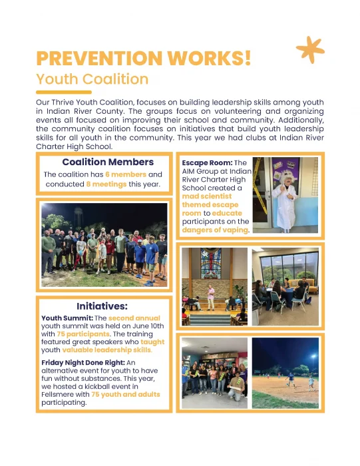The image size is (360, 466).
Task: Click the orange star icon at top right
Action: point(309,50)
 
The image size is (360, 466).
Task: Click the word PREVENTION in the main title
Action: point(106,59)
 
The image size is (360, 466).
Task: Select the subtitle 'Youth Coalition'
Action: point(92,79)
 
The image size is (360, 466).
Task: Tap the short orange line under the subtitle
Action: point(63,92)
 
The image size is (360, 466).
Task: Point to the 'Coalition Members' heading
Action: point(107,162)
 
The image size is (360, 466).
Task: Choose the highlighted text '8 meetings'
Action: point(106,184)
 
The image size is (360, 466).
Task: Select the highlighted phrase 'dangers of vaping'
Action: point(215,230)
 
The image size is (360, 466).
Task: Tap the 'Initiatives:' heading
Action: point(102,307)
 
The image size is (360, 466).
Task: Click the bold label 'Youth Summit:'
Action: point(65,318)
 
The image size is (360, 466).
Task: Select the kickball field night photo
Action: point(285,373)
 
